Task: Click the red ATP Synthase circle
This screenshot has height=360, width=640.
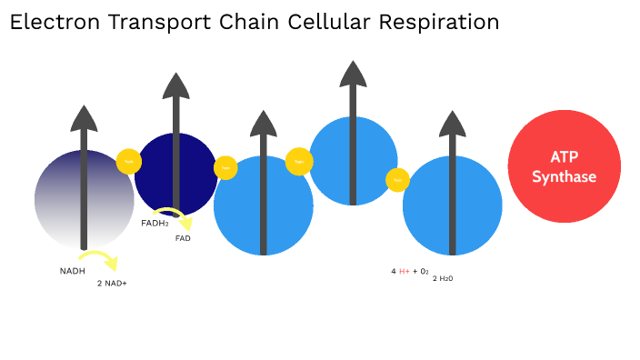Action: [564, 166]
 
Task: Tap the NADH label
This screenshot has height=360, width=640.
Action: [73, 271]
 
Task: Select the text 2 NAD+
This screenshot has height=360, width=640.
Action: [112, 284]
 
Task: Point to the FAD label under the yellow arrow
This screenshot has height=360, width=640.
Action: [183, 238]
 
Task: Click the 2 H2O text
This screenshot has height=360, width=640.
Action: [443, 278]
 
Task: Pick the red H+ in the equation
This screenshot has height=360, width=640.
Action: [405, 271]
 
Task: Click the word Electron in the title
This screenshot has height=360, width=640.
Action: [54, 22]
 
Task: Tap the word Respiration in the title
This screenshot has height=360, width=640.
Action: [445, 22]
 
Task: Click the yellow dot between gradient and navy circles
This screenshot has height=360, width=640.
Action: [129, 161]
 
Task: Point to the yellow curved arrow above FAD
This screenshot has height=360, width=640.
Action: [176, 218]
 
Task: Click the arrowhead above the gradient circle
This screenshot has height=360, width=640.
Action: [84, 118]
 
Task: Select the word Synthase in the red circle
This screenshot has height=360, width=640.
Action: [564, 176]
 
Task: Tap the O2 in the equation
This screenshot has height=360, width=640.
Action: [424, 271]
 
